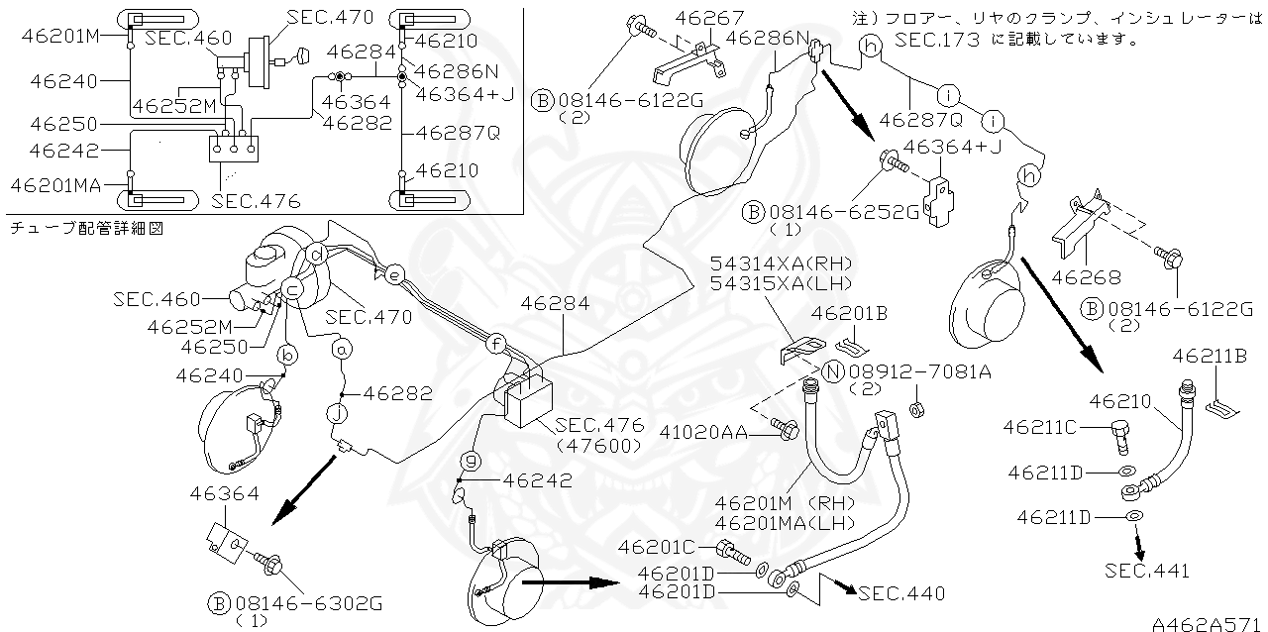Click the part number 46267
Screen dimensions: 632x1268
[702, 17]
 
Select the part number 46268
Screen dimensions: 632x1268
[1085, 278]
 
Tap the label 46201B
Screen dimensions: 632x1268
[849, 314]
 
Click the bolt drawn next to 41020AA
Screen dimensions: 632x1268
[789, 430]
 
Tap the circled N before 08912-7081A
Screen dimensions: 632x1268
[834, 372]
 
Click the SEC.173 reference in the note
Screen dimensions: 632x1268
[936, 41]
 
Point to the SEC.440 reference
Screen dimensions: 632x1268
[901, 593]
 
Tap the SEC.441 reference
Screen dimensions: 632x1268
[1147, 570]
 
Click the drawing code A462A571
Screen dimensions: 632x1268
[1207, 623]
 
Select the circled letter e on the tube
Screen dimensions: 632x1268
[394, 276]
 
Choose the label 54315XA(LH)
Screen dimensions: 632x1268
[781, 284]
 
